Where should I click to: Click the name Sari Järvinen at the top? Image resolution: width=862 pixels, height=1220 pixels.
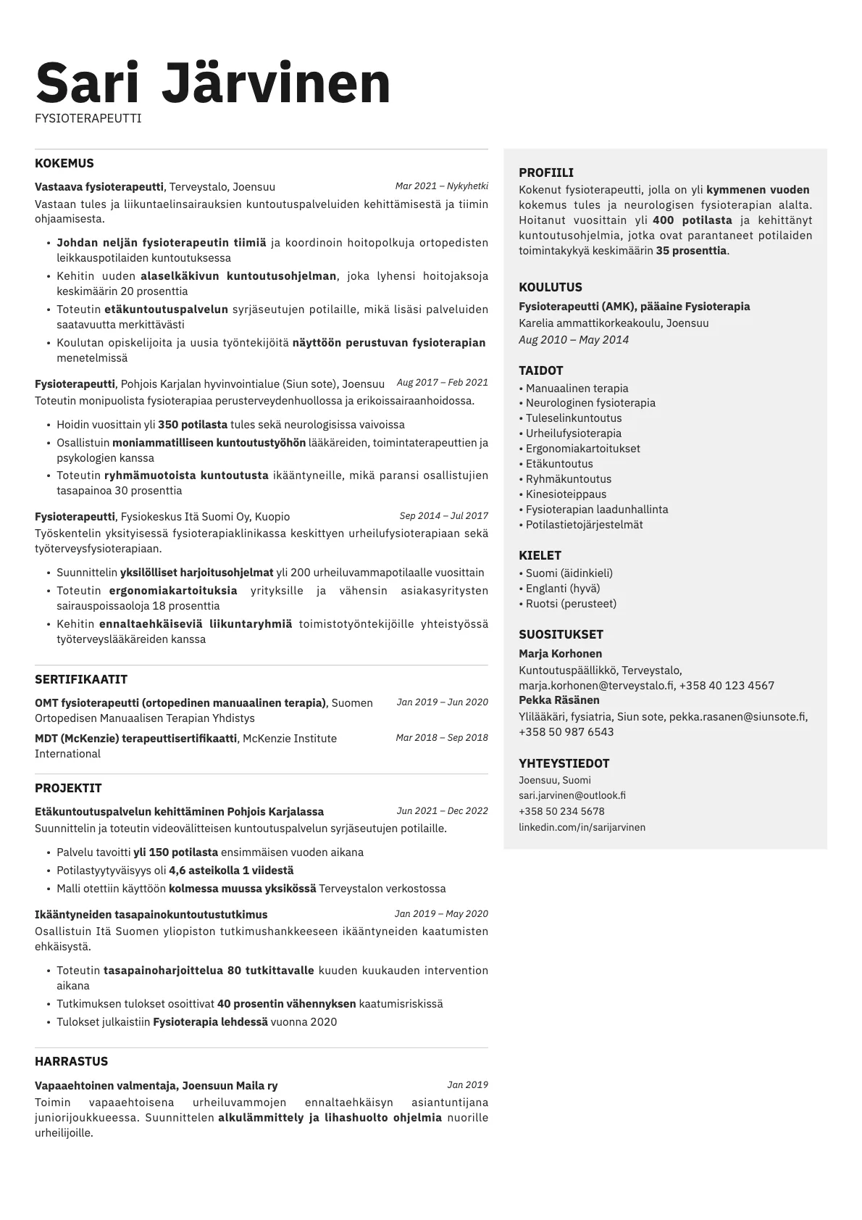[x=213, y=83]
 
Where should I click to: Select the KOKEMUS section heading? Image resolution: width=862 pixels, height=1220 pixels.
[x=64, y=163]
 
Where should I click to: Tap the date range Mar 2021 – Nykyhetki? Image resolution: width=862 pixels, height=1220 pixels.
[x=441, y=186]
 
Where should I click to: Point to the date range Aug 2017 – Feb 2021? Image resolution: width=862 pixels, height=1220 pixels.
[x=442, y=383]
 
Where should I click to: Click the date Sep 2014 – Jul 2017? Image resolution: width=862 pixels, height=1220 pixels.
[x=443, y=516]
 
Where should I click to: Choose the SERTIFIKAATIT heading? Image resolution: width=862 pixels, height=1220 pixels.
[x=81, y=679]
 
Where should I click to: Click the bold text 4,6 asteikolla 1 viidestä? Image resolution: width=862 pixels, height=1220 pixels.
[x=231, y=871]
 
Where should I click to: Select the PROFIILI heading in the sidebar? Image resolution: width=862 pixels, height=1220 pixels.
[x=546, y=173]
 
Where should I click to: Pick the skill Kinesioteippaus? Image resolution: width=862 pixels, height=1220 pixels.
[x=566, y=494]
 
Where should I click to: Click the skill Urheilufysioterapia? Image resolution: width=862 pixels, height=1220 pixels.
[x=573, y=433]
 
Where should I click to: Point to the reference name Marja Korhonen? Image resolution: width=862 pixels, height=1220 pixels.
[x=560, y=654]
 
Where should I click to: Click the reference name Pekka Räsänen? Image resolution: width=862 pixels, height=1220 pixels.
[x=559, y=700]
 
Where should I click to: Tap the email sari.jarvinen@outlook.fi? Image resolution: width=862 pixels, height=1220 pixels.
[x=572, y=795]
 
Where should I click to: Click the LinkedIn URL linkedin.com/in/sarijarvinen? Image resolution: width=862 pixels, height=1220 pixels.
[x=582, y=827]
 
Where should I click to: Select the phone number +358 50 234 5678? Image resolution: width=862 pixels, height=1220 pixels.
[x=561, y=811]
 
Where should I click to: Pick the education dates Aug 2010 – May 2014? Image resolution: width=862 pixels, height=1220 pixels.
[x=574, y=340]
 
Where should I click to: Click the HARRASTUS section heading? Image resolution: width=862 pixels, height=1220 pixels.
[x=71, y=1061]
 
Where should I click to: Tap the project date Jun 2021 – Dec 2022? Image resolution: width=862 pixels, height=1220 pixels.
[x=442, y=811]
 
